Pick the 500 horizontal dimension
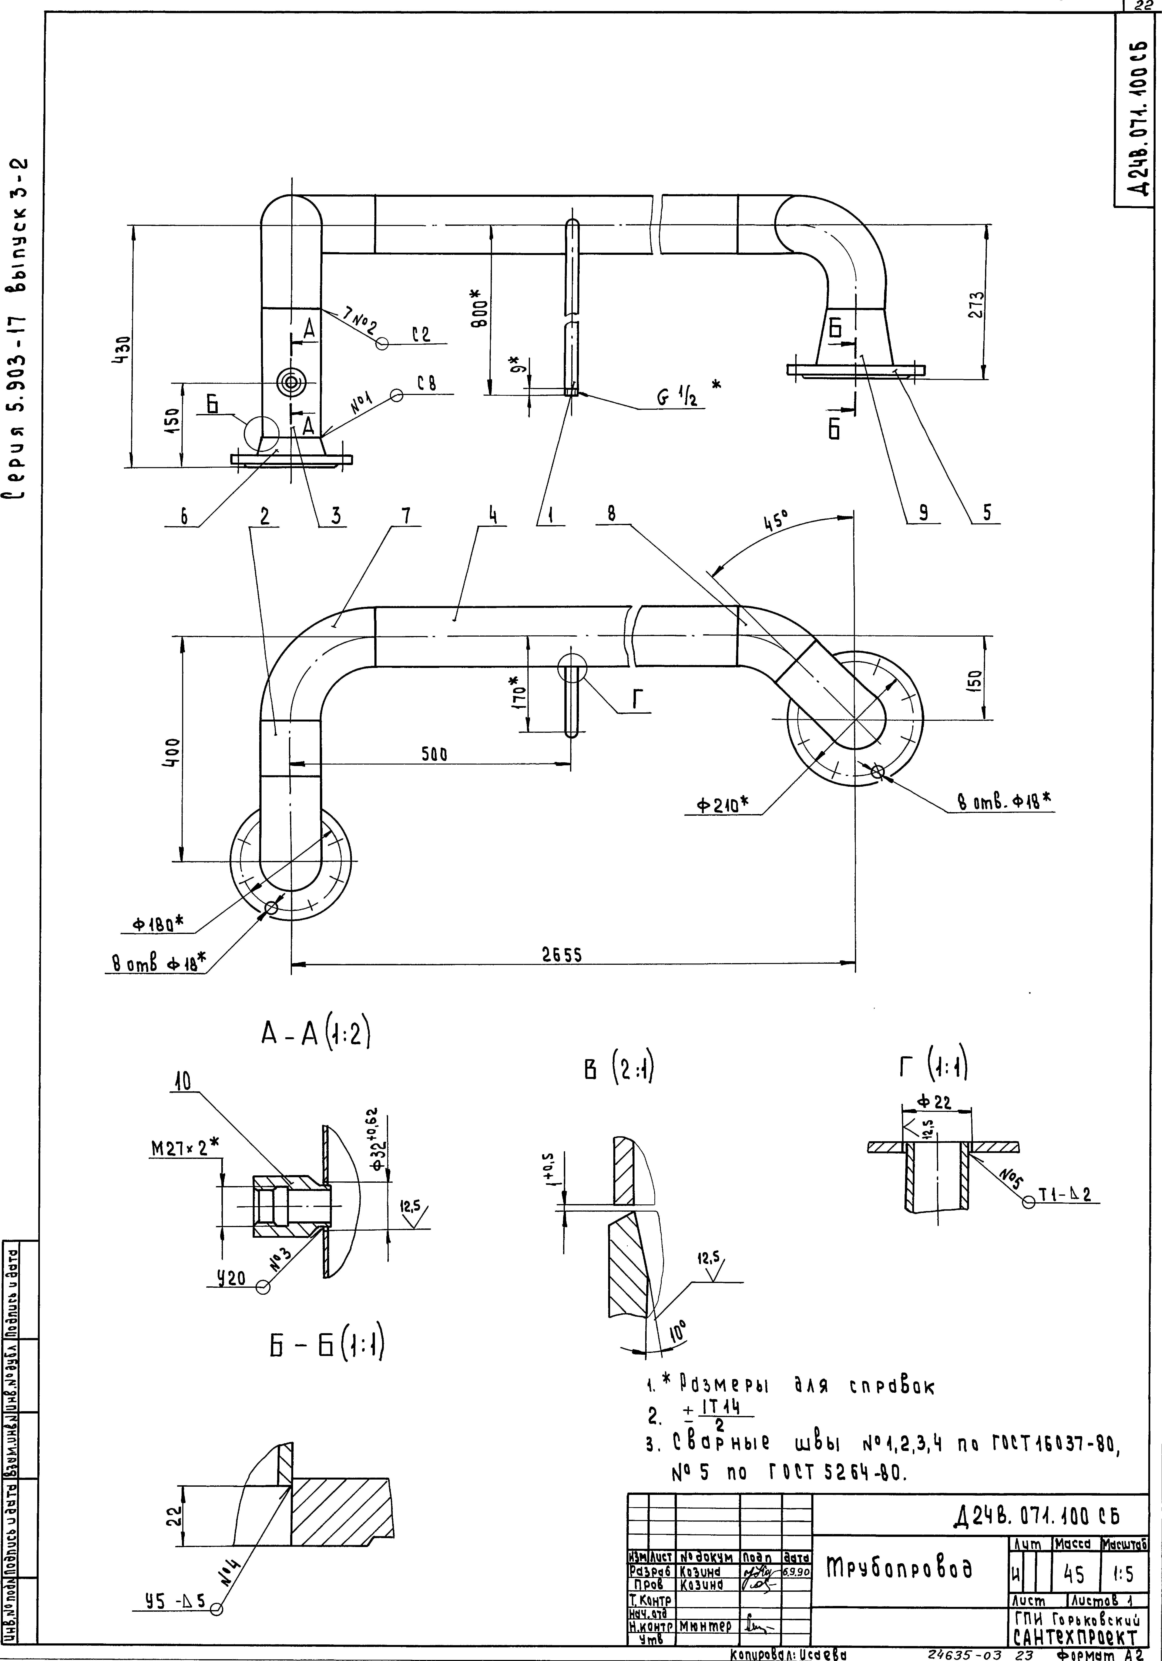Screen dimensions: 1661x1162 click(x=434, y=753)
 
